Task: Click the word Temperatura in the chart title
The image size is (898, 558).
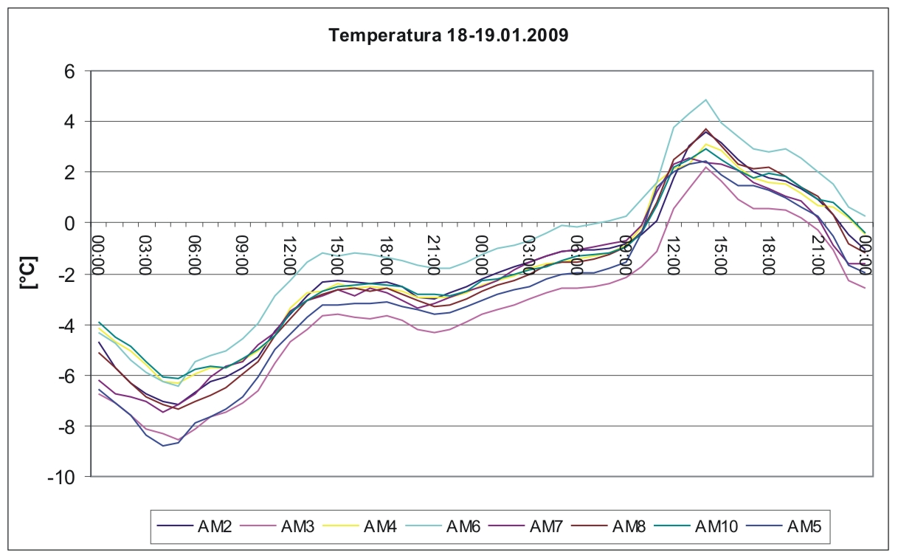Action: click(x=384, y=35)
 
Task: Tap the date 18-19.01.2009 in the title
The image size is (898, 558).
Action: click(x=507, y=35)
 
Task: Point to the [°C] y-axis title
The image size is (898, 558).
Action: click(x=30, y=273)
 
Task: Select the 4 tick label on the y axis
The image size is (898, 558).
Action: click(x=69, y=122)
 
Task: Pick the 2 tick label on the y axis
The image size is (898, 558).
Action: click(x=69, y=173)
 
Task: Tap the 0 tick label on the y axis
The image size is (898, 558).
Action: click(x=69, y=223)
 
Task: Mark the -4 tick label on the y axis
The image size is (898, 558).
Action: click(x=66, y=325)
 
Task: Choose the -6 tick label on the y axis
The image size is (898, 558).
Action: click(x=66, y=375)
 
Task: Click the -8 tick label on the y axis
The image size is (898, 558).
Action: click(x=66, y=426)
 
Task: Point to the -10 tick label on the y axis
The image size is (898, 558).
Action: click(x=61, y=477)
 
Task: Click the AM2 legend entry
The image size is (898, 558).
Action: click(x=195, y=526)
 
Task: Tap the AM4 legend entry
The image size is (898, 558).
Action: click(x=360, y=526)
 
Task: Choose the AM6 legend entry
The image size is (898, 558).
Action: click(x=443, y=526)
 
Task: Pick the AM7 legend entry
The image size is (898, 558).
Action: click(x=526, y=526)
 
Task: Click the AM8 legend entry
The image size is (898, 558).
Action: click(x=609, y=526)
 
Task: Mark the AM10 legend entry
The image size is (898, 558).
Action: click(x=696, y=526)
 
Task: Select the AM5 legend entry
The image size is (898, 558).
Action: click(x=784, y=526)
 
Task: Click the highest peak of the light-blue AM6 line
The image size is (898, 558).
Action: click(x=705, y=100)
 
